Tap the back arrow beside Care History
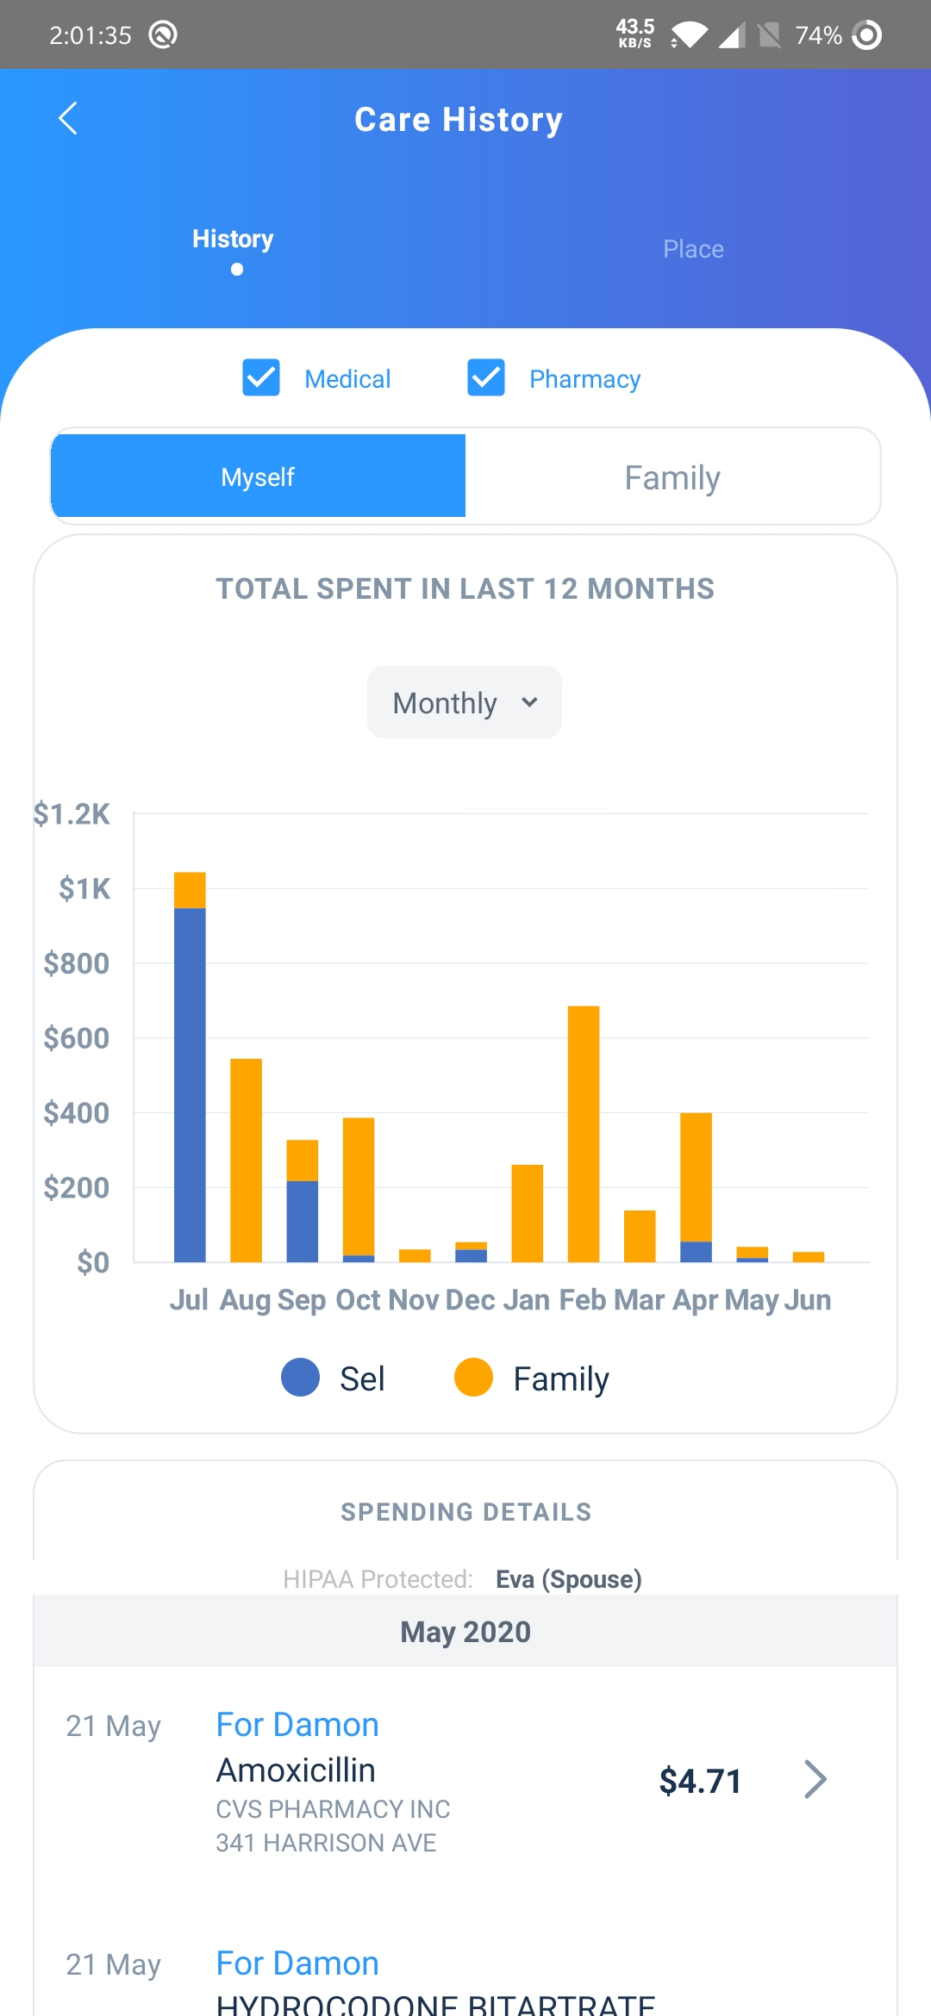pyautogui.click(x=68, y=119)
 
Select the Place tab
pyautogui.click(x=693, y=249)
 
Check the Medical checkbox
pyautogui.click(x=261, y=377)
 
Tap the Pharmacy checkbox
pyautogui.click(x=486, y=377)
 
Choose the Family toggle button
pyautogui.click(x=672, y=477)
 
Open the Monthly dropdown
pyautogui.click(x=465, y=702)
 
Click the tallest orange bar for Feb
pyautogui.click(x=584, y=1133)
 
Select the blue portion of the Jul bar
pyautogui.click(x=190, y=1086)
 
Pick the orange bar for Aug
pyautogui.click(x=246, y=1160)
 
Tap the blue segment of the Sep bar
pyautogui.click(x=302, y=1222)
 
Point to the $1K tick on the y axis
pyautogui.click(x=84, y=888)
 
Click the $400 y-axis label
pyautogui.click(x=77, y=1113)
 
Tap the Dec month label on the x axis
pyautogui.click(x=470, y=1299)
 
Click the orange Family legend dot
pyautogui.click(x=473, y=1378)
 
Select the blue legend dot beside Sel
pyautogui.click(x=301, y=1378)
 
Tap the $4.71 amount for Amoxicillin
pyautogui.click(x=700, y=1781)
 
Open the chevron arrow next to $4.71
pyautogui.click(x=815, y=1779)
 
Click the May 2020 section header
pyautogui.click(x=465, y=1632)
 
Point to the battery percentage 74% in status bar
pyautogui.click(x=818, y=35)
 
